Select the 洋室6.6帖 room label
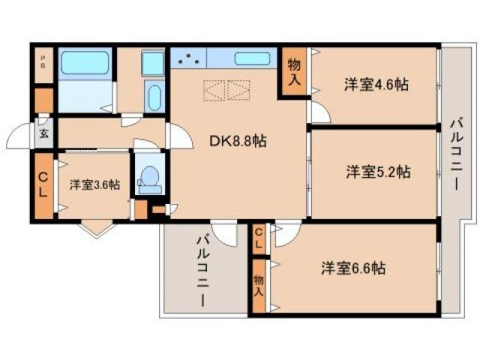click(354, 268)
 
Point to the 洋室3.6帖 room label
click(94, 184)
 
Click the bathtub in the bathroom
click(85, 64)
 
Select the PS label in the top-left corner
click(43, 62)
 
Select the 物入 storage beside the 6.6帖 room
click(259, 283)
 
